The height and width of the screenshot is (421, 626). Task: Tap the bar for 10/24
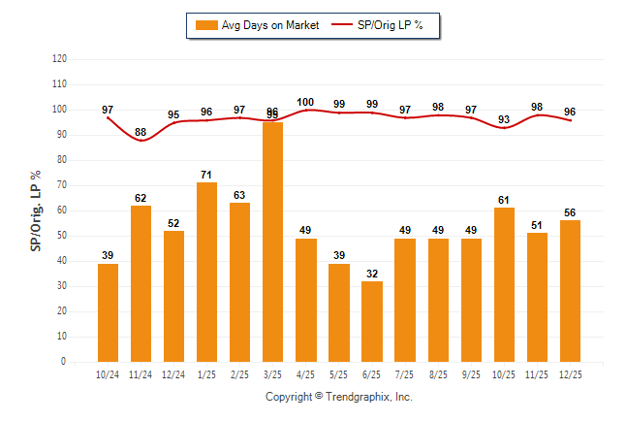pyautogui.click(x=109, y=312)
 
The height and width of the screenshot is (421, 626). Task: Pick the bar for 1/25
pyautogui.click(x=207, y=272)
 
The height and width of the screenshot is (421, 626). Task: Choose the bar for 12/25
pyautogui.click(x=570, y=291)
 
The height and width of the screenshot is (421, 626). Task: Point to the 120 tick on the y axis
pyautogui.click(x=60, y=59)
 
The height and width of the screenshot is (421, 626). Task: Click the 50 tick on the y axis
pyautogui.click(x=63, y=236)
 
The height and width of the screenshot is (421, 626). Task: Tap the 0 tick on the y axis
pyautogui.click(x=65, y=362)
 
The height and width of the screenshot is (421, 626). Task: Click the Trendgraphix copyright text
pyautogui.click(x=339, y=397)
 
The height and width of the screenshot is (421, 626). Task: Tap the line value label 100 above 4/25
pyautogui.click(x=306, y=102)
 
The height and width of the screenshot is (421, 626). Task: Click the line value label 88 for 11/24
pyautogui.click(x=141, y=132)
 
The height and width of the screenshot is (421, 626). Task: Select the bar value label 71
pyautogui.click(x=207, y=176)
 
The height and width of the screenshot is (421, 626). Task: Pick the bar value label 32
pyautogui.click(x=372, y=275)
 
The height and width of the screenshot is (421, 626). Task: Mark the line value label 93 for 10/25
pyautogui.click(x=504, y=120)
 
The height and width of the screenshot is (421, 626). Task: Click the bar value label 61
pyautogui.click(x=504, y=201)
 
